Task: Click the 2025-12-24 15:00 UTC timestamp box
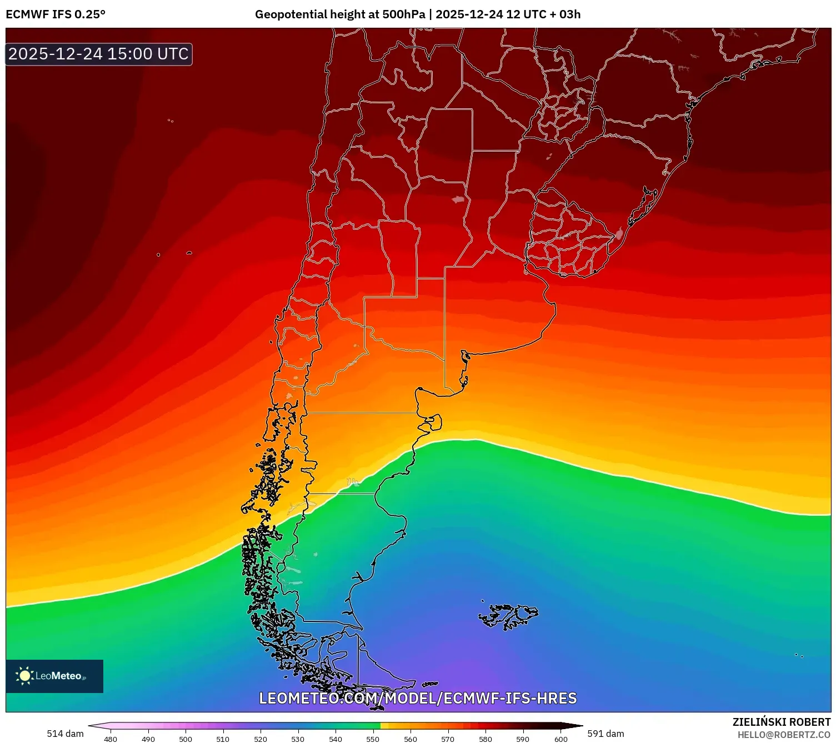click(99, 54)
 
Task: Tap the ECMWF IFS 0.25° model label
click(56, 14)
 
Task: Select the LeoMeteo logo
click(54, 676)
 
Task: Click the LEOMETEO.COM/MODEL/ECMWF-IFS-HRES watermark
click(418, 698)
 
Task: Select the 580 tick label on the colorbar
click(485, 739)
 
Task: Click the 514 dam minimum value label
click(65, 734)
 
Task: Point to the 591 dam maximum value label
click(605, 734)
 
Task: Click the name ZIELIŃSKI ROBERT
click(781, 722)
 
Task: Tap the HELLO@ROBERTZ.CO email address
click(784, 735)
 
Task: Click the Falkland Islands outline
click(509, 615)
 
